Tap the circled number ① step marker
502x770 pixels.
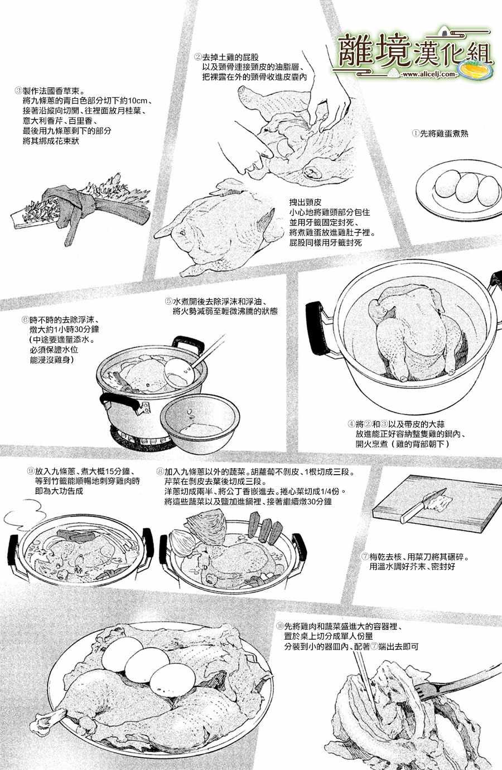[x=416, y=133]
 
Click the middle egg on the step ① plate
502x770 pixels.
[x=467, y=188]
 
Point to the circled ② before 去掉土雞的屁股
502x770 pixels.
[x=198, y=57]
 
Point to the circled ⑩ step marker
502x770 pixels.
[x=281, y=626]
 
